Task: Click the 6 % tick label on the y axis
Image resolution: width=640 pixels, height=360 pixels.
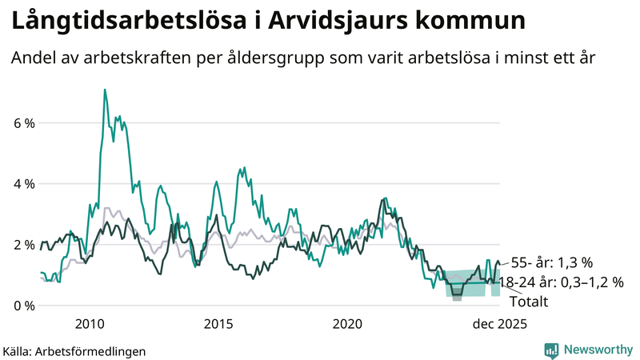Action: (x=22, y=123)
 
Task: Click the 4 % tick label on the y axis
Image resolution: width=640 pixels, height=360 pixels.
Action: (x=22, y=184)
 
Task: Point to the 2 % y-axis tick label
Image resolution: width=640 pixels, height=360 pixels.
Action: (x=22, y=245)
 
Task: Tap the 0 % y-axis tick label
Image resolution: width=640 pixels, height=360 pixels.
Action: (x=22, y=306)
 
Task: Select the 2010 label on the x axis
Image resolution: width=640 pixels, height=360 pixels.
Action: (x=89, y=323)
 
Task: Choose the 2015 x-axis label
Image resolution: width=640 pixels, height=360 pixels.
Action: (x=218, y=323)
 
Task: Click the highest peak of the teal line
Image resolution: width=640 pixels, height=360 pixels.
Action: (x=105, y=90)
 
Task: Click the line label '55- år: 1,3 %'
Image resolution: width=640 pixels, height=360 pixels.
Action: (x=551, y=262)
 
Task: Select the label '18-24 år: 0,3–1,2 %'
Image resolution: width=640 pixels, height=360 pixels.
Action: (x=561, y=282)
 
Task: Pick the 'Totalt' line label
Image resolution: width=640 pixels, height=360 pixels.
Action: (x=528, y=302)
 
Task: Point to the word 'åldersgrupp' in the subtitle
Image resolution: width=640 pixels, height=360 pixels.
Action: (x=302, y=58)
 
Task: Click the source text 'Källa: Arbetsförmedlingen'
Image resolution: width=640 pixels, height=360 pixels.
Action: (x=74, y=350)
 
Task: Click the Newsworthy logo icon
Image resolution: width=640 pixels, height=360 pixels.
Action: (x=551, y=349)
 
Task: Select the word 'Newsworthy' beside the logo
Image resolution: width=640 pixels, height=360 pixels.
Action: (x=596, y=349)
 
